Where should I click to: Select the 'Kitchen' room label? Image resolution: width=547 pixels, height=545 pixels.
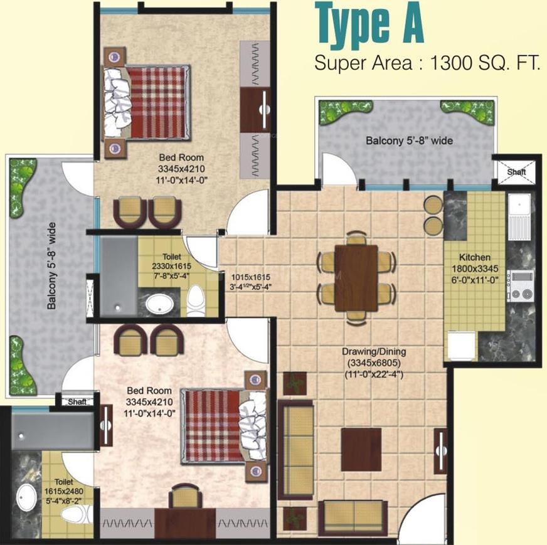[x=474, y=257]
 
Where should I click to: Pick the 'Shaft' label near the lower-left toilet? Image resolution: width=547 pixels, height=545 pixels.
[x=77, y=401]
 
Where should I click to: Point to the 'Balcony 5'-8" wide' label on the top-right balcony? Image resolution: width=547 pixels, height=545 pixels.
[x=409, y=140]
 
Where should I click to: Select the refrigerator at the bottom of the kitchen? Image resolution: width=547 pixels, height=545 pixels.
[x=461, y=346]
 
